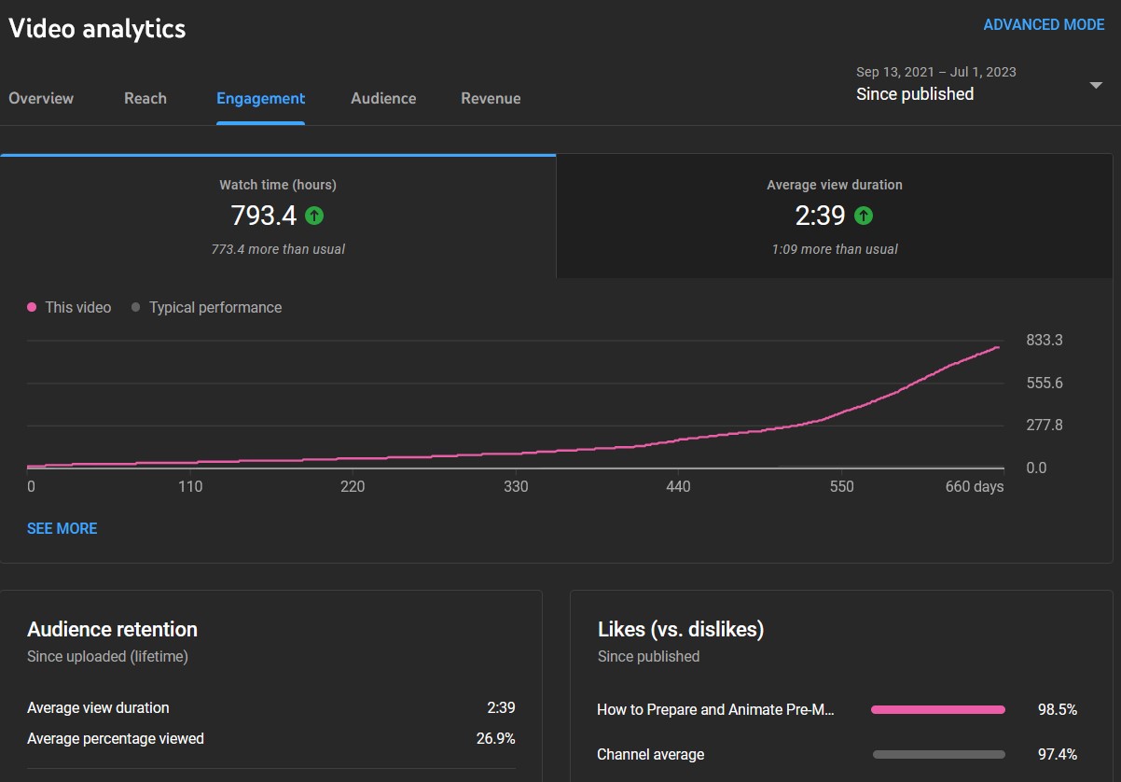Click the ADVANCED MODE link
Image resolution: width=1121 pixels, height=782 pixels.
(x=1044, y=24)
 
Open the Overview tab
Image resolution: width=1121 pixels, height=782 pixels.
(x=41, y=98)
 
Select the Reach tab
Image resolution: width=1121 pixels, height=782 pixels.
(x=145, y=98)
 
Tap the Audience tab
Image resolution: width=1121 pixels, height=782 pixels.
(x=383, y=98)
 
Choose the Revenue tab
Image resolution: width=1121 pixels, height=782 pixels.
(x=491, y=98)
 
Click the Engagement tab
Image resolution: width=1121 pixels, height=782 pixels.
(x=260, y=99)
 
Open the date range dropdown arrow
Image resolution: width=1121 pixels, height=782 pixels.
(x=1096, y=86)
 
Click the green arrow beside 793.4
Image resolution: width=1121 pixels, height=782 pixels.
(x=314, y=216)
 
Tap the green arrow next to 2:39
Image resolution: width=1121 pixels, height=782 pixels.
(x=864, y=216)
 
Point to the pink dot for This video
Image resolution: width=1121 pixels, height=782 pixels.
(x=32, y=307)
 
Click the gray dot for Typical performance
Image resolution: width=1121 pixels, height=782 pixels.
(x=135, y=307)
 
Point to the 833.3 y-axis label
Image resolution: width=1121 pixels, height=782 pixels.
(x=1044, y=340)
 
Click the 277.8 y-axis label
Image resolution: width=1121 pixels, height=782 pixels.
(x=1044, y=425)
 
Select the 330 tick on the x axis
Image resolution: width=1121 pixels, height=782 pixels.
(x=516, y=486)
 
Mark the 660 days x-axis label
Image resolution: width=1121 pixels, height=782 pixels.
(x=974, y=486)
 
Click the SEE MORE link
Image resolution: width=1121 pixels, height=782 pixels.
(x=62, y=529)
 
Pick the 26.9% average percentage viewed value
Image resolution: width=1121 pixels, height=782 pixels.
(x=495, y=738)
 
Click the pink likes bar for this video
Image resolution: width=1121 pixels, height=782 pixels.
(x=938, y=709)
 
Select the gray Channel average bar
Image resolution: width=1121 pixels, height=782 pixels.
(x=939, y=754)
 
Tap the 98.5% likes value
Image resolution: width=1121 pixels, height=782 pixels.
(x=1057, y=709)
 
